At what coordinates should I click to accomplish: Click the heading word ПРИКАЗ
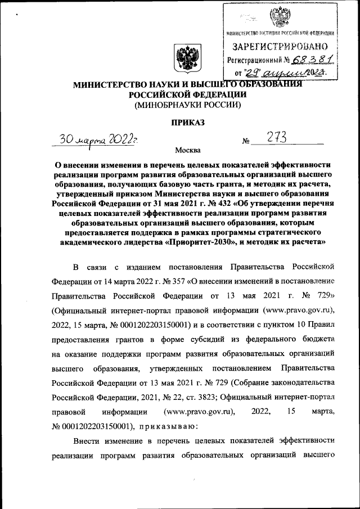(x=187, y=121)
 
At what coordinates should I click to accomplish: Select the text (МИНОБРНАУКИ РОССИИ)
(x=187, y=105)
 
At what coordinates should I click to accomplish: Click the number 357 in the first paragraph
(x=158, y=281)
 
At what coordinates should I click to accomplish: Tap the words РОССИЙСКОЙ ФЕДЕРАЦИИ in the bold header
(x=186, y=94)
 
